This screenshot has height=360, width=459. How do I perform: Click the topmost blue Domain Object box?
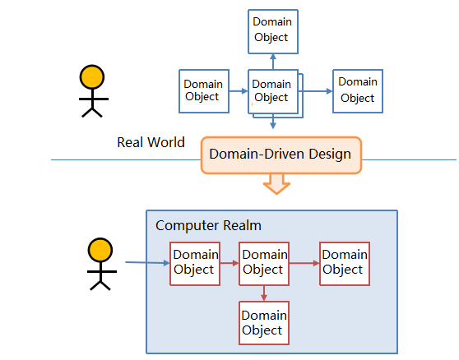tap(273, 31)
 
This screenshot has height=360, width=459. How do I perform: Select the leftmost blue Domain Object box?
tap(204, 91)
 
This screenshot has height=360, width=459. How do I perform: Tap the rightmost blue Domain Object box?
tap(358, 91)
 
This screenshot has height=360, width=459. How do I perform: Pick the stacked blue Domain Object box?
tap(276, 94)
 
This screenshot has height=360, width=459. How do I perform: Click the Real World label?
tap(151, 142)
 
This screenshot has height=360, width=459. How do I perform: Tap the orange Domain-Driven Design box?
tap(281, 155)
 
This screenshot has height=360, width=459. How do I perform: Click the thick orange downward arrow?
tap(276, 184)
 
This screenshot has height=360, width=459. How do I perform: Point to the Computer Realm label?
tap(208, 225)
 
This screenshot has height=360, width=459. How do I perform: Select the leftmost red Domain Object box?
tap(195, 264)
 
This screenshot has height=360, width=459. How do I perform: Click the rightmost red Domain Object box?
tap(345, 264)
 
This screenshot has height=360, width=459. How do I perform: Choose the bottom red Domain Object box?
tap(264, 323)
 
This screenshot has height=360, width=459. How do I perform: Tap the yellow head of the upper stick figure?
tap(92, 77)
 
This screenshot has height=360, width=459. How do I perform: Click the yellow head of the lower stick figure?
tap(100, 250)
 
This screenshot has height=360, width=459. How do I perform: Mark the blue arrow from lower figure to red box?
tap(147, 263)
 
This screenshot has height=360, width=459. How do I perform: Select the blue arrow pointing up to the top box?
tap(273, 62)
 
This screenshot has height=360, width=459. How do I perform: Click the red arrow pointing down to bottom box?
tap(264, 293)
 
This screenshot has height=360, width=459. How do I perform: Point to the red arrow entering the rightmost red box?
tap(304, 263)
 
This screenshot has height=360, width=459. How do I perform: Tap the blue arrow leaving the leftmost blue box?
tap(239, 91)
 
